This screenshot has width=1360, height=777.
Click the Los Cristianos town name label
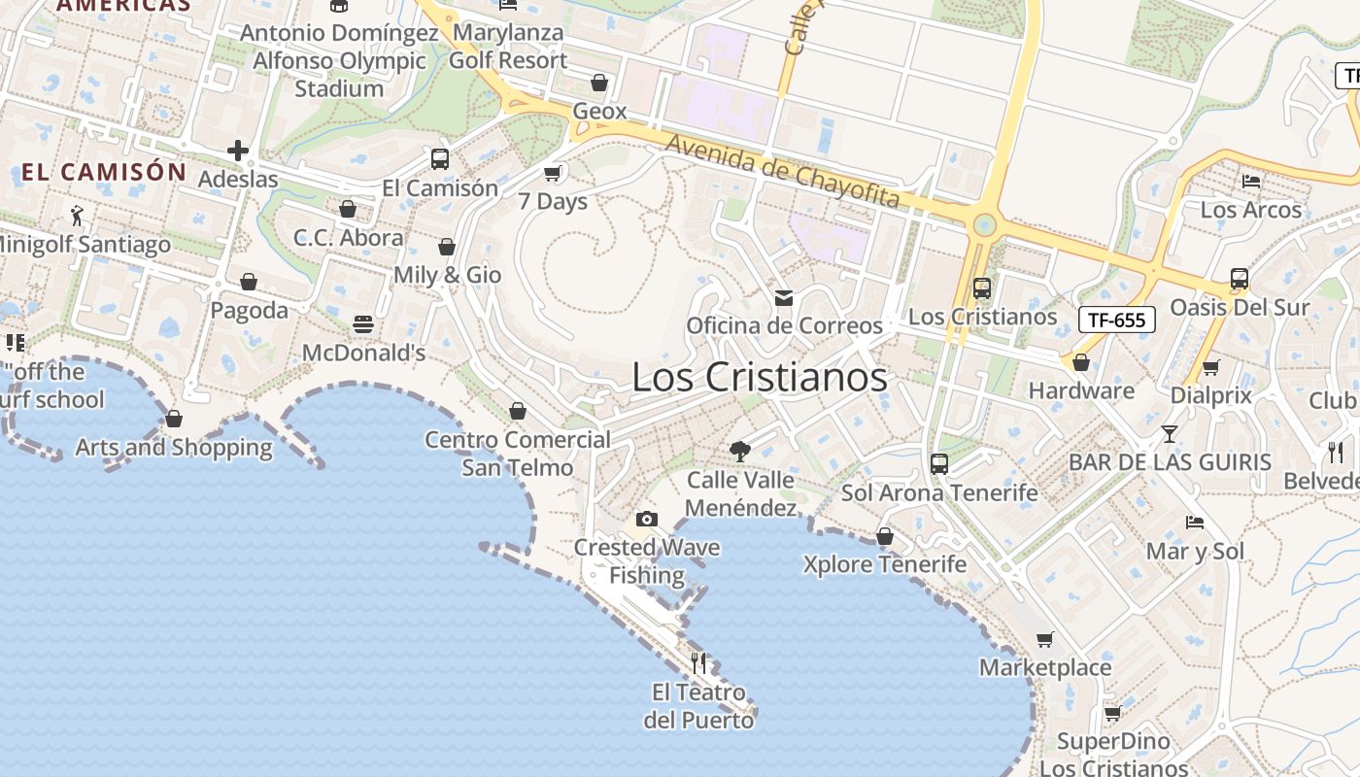760,377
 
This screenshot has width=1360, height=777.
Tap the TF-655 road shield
1116,320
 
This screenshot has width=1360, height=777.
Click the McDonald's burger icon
363,324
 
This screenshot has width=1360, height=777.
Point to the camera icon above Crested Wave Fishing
647,520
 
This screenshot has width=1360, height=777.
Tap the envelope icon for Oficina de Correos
784,297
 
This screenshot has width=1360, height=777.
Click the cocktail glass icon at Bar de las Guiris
1169,434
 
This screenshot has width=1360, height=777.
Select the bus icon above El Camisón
440,159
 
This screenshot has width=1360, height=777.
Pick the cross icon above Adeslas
238,151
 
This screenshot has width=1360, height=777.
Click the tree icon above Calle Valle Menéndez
740,451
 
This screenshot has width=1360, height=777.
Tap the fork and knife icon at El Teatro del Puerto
698,663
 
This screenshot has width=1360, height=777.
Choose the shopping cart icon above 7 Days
553,173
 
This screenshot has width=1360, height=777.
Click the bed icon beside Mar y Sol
1195,523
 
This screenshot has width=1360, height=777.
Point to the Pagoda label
250,311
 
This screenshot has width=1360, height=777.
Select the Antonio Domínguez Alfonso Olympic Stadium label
339,60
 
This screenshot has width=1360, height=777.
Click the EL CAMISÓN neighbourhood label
104,173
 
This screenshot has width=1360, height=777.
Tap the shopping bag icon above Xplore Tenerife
885,536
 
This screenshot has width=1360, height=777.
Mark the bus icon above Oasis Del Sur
1240,279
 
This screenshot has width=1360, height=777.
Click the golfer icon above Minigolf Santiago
78,215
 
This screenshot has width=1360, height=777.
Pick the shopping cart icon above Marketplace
1045,639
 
